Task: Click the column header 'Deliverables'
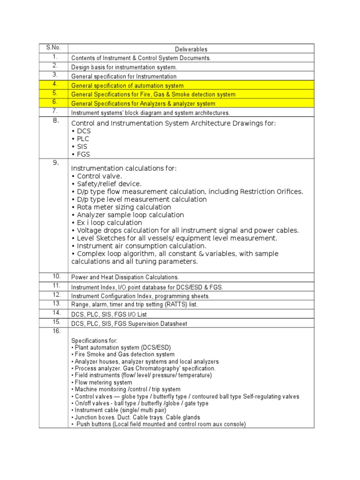191,49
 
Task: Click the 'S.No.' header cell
53,48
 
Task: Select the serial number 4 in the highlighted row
54,84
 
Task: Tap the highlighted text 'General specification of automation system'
127,86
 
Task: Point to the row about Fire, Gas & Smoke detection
153,95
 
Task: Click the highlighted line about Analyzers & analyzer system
143,104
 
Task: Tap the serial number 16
56,331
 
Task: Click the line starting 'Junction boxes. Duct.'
137,417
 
